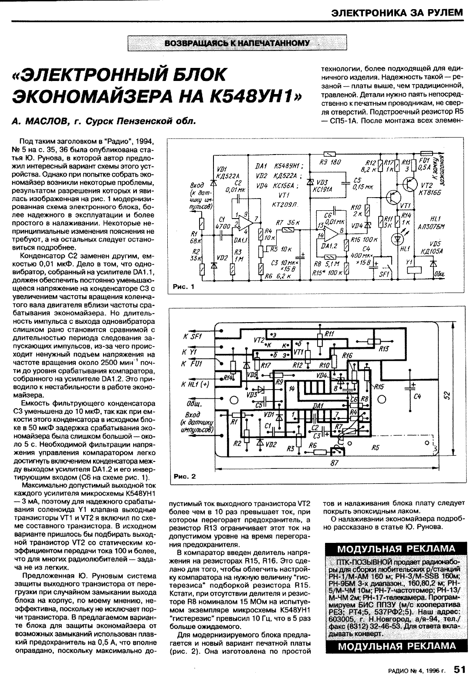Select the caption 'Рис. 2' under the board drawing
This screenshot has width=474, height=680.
click(185, 476)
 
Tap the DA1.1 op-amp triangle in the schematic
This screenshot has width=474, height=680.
click(247, 225)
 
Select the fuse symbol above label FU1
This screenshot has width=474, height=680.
click(427, 154)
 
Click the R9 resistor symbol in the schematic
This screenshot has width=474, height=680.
click(329, 154)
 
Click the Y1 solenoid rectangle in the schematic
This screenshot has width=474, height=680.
click(412, 268)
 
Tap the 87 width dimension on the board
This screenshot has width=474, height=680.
click(335, 464)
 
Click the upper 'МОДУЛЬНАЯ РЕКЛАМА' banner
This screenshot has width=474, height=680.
click(396, 549)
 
